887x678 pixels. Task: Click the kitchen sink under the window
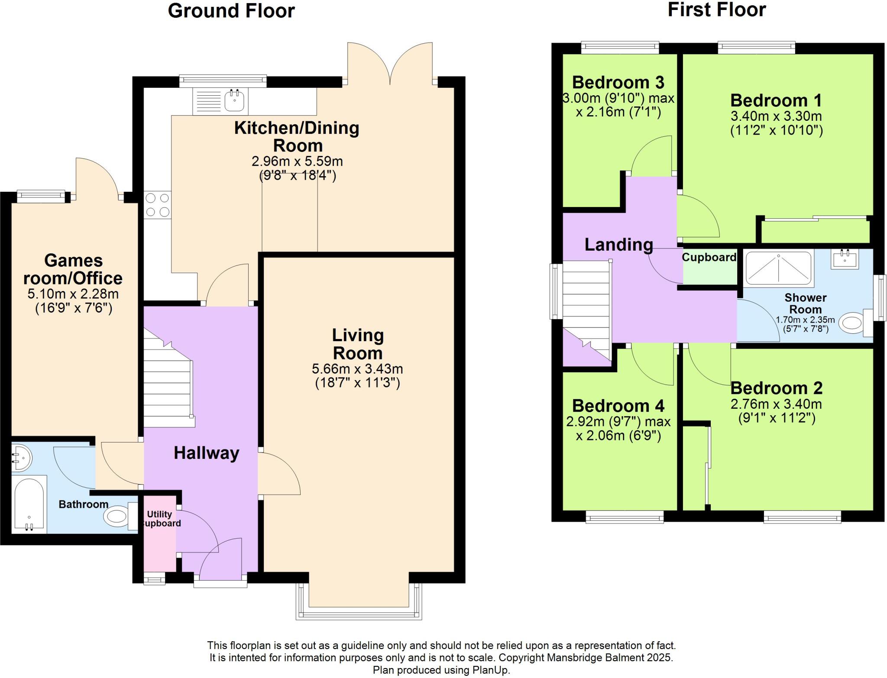(x=234, y=100)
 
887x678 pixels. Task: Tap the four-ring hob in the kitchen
(x=157, y=205)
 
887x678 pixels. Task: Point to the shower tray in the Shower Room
(x=778, y=268)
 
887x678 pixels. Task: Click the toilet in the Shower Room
(x=852, y=323)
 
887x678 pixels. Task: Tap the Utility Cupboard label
(x=160, y=519)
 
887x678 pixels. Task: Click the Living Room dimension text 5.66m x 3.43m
(x=357, y=369)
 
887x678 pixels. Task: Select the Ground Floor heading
(x=231, y=11)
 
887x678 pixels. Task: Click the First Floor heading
(x=716, y=10)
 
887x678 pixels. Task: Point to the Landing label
(x=618, y=245)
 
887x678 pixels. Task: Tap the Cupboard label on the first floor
(x=709, y=257)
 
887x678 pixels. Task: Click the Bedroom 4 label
(x=618, y=406)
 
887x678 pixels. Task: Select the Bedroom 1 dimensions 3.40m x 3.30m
(x=776, y=116)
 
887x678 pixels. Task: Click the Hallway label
(x=206, y=453)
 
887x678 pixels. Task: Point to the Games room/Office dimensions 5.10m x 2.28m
(x=73, y=294)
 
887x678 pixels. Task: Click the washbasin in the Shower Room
(x=845, y=259)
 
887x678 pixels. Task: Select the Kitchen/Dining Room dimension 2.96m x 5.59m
(x=297, y=161)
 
